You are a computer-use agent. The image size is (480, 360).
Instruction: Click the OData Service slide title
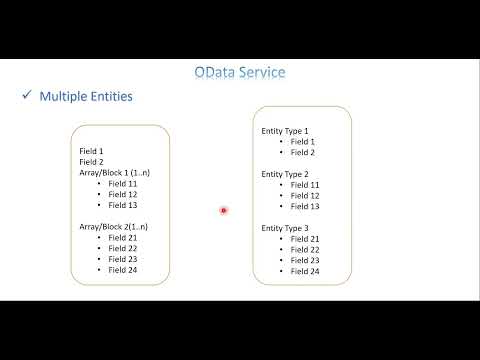(x=240, y=72)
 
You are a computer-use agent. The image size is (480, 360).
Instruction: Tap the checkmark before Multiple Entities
(x=26, y=96)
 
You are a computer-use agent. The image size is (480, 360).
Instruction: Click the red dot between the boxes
(x=223, y=210)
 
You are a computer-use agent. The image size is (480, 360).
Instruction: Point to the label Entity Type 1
(x=285, y=131)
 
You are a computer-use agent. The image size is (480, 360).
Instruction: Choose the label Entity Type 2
(x=285, y=174)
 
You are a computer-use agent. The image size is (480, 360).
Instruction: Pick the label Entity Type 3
(x=285, y=228)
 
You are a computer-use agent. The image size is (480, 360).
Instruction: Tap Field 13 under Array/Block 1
(x=124, y=206)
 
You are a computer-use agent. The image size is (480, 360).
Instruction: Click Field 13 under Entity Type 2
(x=305, y=206)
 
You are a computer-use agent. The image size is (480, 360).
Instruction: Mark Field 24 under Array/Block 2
(x=124, y=270)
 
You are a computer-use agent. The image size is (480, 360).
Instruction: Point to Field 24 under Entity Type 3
(x=305, y=271)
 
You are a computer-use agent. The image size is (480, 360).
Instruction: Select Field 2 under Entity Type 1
(x=303, y=152)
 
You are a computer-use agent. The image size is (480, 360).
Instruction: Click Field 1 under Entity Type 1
(x=303, y=141)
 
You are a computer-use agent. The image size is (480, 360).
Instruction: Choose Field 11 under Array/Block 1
(x=124, y=184)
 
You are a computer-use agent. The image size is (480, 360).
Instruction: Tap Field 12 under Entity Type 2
(x=305, y=195)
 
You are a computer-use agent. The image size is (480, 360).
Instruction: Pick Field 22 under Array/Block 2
(x=124, y=249)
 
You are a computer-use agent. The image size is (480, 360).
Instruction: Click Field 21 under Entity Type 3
(x=305, y=239)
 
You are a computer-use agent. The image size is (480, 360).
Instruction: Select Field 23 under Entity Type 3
(x=305, y=260)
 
